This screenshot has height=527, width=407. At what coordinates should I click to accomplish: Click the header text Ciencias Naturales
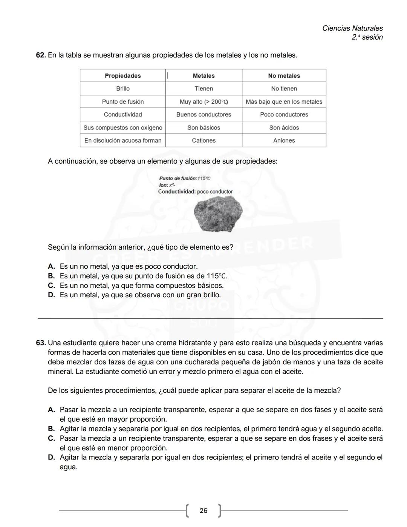click(x=352, y=28)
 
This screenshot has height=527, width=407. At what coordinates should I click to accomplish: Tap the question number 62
click(x=41, y=55)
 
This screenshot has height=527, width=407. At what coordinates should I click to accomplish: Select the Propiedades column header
click(x=122, y=76)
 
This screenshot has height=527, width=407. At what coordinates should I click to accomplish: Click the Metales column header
click(x=203, y=76)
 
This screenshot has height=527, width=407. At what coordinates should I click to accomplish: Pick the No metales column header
click(x=284, y=76)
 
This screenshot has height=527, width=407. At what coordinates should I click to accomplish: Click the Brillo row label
click(x=122, y=89)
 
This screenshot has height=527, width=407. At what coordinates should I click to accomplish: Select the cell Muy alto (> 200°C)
click(x=203, y=102)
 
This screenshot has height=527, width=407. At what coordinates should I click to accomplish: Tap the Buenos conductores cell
click(x=203, y=115)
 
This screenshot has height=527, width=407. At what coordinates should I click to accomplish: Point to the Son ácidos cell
click(x=284, y=128)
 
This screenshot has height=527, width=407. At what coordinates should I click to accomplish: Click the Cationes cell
click(x=203, y=141)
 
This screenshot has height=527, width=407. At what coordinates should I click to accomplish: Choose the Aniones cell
click(x=284, y=141)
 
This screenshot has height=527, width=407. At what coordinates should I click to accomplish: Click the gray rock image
click(x=218, y=215)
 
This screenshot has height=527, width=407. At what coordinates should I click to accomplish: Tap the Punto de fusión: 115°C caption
click(x=185, y=178)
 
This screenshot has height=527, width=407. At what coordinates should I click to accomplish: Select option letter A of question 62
click(x=52, y=267)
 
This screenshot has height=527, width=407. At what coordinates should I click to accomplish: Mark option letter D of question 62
click(x=52, y=295)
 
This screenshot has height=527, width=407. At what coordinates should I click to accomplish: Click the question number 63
click(x=41, y=343)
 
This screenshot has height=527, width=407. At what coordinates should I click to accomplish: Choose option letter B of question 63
click(x=52, y=429)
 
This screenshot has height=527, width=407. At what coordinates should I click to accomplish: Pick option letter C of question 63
click(x=52, y=438)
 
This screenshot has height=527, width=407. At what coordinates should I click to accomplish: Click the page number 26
click(x=203, y=511)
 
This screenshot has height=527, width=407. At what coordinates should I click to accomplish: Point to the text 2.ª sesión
click(x=367, y=37)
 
